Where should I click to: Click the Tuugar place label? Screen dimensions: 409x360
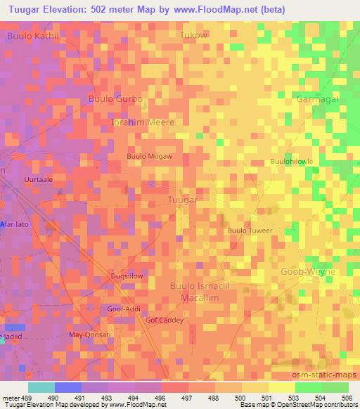pos(184,200)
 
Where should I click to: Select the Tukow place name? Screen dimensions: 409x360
pos(193,34)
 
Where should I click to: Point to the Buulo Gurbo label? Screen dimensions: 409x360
pos(115,99)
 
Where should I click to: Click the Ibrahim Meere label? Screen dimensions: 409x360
pos(143,122)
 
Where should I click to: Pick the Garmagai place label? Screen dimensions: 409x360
pos(318,99)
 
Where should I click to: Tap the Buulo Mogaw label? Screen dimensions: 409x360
pos(149,156)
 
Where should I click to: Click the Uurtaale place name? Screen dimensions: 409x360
pos(39,179)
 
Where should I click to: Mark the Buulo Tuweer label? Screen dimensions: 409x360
pos(249,231)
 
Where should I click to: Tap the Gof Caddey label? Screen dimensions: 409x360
pos(165,320)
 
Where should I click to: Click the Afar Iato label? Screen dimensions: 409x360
pos(13,225)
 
